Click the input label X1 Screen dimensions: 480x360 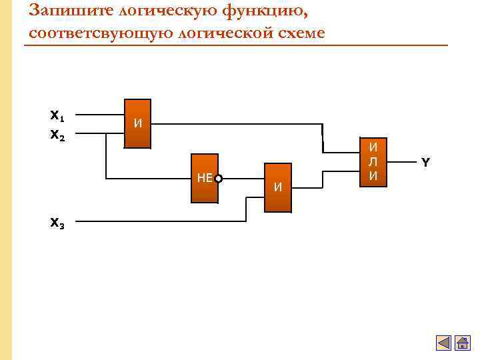tap(57, 116)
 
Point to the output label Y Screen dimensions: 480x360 tap(425, 162)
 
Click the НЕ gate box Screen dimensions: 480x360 tap(205, 178)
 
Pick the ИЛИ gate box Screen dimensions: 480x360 tap(374, 163)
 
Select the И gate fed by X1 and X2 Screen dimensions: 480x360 tap(138, 124)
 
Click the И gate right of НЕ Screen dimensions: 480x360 tap(278, 187)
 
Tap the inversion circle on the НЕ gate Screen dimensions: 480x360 tap(219, 178)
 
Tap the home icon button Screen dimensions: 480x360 tap(462, 343)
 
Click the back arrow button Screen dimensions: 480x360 tap(443, 343)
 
